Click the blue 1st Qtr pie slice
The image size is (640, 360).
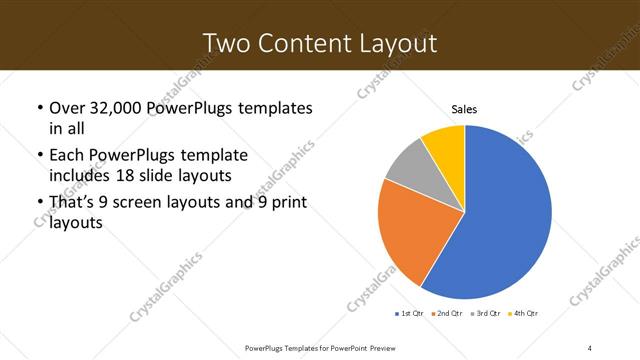click(510, 215)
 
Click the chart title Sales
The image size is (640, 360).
click(465, 108)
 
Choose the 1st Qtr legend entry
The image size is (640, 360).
click(410, 314)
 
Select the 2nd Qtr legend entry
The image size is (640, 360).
click(446, 314)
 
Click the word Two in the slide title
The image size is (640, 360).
click(225, 43)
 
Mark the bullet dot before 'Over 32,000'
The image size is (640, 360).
click(39, 107)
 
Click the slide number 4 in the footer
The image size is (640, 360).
click(590, 347)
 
